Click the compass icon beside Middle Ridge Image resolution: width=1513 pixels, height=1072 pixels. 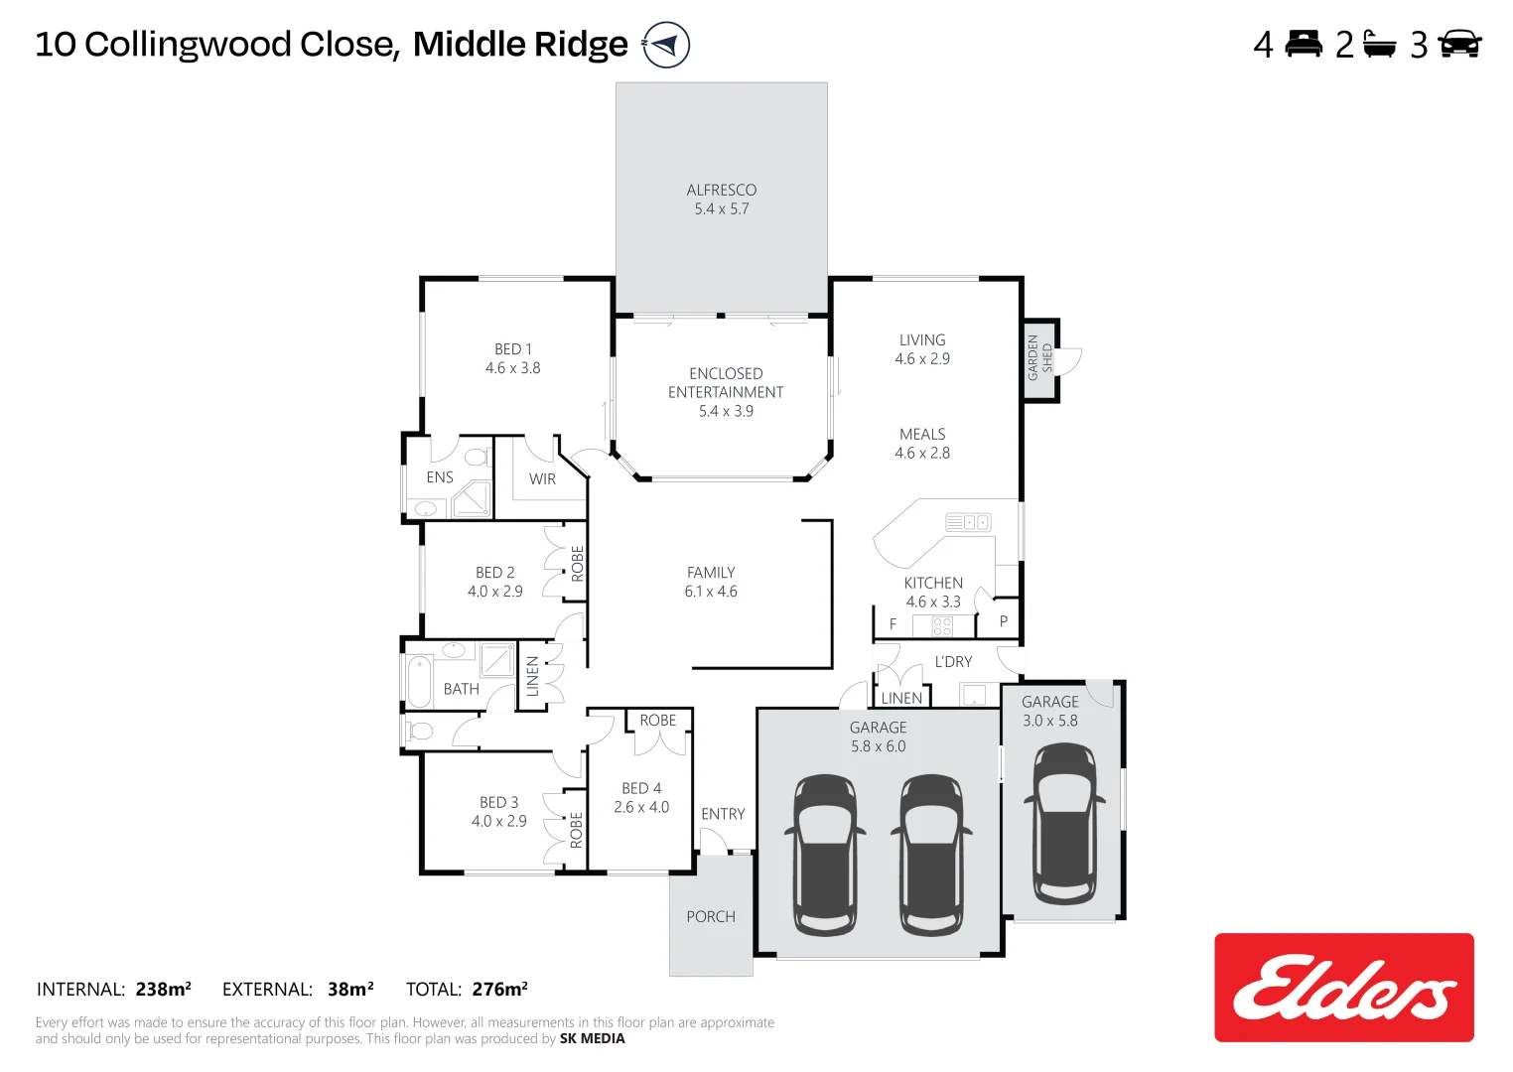point(666,45)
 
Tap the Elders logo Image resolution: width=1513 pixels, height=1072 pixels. point(1343,988)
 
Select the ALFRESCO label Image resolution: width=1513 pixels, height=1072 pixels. point(722,190)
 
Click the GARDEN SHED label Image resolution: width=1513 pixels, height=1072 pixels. point(1039,358)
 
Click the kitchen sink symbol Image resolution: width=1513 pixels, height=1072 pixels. point(968,522)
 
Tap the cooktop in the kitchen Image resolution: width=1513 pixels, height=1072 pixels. point(942,625)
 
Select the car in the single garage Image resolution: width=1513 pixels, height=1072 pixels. point(1064,824)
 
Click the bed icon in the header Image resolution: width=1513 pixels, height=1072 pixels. point(1304,44)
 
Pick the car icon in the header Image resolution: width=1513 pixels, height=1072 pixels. point(1459,45)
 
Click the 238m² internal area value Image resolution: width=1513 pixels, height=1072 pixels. point(164,990)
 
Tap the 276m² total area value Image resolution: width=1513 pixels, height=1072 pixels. point(500,990)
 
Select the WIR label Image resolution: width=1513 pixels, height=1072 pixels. point(542,479)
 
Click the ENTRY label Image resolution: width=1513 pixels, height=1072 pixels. point(723,814)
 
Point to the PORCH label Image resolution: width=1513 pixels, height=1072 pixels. point(711,917)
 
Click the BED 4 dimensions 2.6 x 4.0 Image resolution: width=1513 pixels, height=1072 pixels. point(641,807)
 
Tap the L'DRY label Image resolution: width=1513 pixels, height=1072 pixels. point(953,662)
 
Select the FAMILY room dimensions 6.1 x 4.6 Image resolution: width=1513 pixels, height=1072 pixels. point(711,592)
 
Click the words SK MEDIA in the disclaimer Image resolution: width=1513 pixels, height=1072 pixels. point(593,1038)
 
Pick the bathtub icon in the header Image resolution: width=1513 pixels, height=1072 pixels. point(1380,45)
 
